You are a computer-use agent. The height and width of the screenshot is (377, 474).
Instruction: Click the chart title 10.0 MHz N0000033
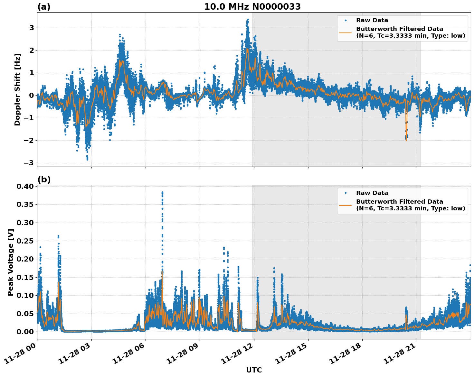[252, 7]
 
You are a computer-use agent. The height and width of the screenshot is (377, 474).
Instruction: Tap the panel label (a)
[44, 7]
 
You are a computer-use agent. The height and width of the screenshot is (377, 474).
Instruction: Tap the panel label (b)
[44, 179]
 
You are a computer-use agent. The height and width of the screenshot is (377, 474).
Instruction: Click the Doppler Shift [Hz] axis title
[17, 89]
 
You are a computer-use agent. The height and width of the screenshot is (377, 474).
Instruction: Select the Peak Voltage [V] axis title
[11, 262]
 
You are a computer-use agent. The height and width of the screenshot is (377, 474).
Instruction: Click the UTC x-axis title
[254, 370]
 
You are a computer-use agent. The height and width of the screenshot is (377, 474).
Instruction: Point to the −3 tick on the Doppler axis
[28, 163]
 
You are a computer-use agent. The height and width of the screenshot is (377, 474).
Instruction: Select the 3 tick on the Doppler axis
[32, 28]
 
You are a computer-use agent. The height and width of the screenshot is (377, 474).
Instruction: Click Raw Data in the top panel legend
[372, 20]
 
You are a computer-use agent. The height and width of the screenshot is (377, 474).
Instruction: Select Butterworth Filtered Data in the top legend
[399, 29]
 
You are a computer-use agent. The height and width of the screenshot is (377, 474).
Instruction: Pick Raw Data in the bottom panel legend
[372, 193]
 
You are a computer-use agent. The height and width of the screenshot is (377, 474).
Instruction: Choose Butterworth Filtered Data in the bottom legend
[399, 202]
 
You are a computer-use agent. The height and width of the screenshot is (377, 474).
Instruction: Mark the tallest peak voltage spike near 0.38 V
[162, 193]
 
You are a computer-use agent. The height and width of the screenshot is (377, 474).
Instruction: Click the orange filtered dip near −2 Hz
[406, 139]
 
